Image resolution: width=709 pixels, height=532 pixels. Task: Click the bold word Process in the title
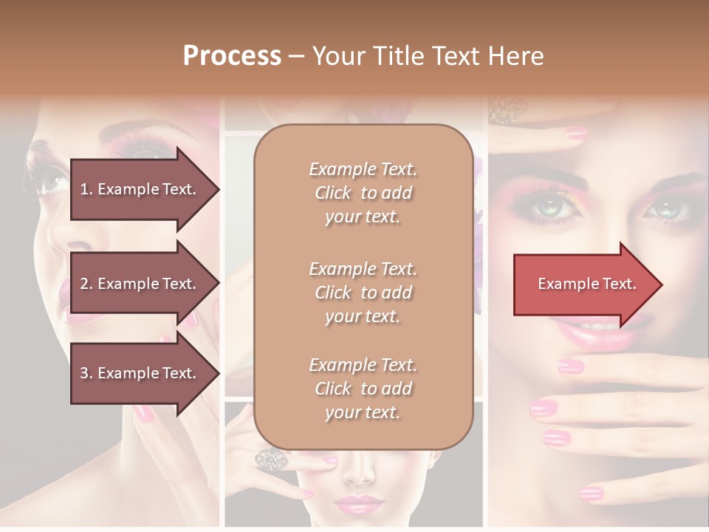pos(232,56)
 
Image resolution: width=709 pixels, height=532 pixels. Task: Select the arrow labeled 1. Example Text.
pos(139,189)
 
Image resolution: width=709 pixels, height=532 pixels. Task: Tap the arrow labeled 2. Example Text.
pos(139,284)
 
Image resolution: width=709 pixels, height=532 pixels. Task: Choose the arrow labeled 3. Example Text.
pos(139,373)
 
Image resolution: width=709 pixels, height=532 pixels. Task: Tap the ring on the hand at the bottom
pos(270,459)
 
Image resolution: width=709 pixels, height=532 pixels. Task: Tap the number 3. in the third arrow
pos(86,373)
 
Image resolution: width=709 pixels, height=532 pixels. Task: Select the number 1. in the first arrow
pos(86,189)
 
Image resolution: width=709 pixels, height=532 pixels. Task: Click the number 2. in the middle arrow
pos(86,284)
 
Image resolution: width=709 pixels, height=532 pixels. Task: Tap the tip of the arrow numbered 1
pos(218,189)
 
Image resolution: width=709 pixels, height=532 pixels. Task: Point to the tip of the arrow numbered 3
pos(218,373)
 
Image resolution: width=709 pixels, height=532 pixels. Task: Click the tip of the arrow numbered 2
pos(218,284)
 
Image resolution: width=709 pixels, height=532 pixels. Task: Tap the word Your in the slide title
pos(339,56)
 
